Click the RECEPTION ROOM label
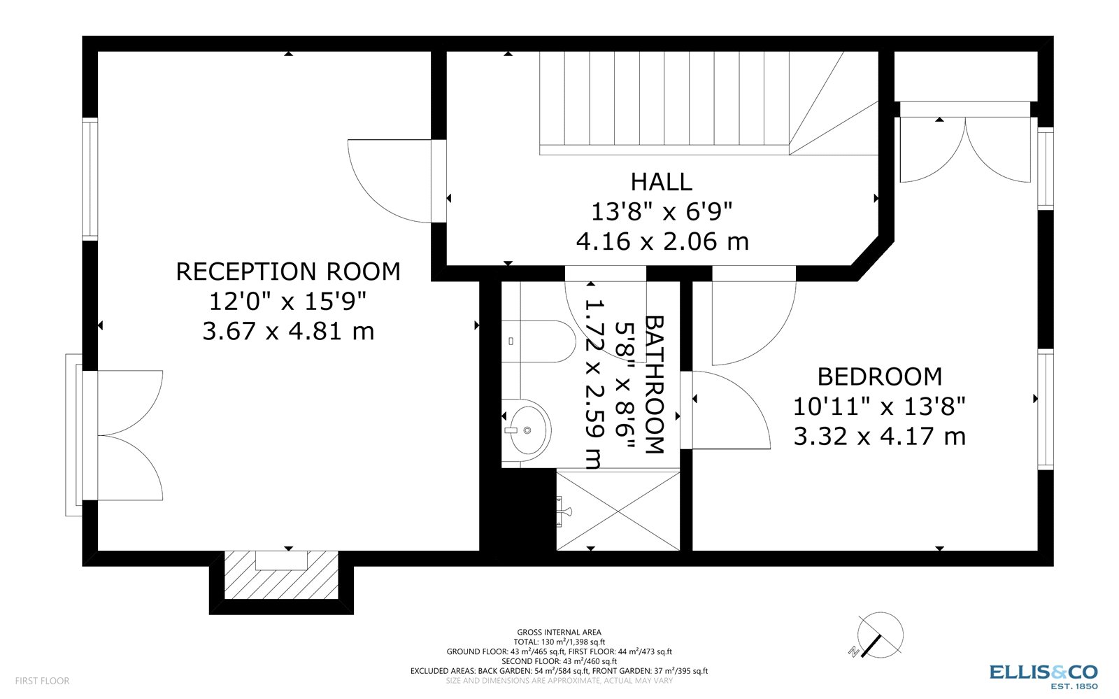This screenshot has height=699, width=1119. (x=288, y=271)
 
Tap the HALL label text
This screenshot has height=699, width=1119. (x=661, y=182)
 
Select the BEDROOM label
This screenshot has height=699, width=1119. (x=879, y=376)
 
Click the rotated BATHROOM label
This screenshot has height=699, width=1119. (x=653, y=384)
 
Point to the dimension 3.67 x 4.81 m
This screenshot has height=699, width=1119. (x=288, y=331)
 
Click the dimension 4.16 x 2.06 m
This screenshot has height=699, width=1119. (x=662, y=242)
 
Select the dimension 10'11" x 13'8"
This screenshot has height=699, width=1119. (x=879, y=407)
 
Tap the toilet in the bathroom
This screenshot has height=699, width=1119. (x=535, y=341)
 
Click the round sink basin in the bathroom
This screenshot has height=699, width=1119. (x=528, y=429)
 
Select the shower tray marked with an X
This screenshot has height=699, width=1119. (x=618, y=510)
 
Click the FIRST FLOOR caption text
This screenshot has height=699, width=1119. (x=42, y=681)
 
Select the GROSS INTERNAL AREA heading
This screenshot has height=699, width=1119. (x=559, y=633)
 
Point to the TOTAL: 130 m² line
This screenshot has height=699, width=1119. (x=559, y=642)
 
